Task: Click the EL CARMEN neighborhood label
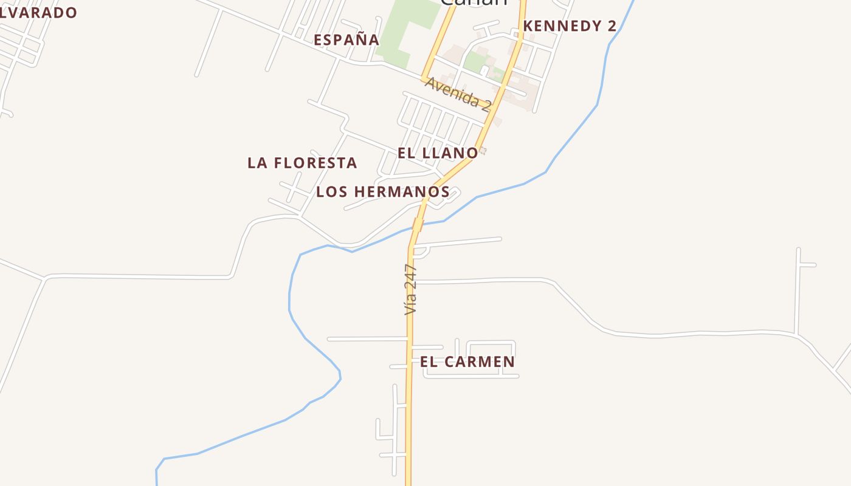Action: pos(467,362)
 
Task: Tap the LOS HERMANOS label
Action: pos(383,192)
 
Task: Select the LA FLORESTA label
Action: pos(302,163)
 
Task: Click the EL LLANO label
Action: pos(438,153)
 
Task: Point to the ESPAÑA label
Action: pos(346,40)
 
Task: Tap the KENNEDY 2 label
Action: pos(570,26)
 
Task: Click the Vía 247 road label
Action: pos(412,289)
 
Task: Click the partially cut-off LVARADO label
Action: pos(38,13)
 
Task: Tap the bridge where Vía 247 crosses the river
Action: pos(418,225)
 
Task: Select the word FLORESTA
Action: pos(315,163)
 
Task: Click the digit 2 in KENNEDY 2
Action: pos(611,26)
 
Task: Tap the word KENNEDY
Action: pos(562,26)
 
